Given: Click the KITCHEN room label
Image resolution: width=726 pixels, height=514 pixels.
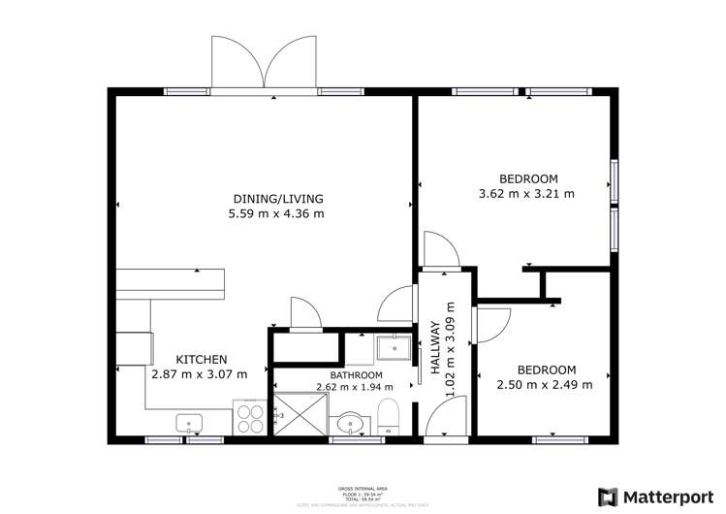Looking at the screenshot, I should (202, 359).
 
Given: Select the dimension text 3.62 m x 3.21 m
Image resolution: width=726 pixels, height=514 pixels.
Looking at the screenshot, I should (527, 193).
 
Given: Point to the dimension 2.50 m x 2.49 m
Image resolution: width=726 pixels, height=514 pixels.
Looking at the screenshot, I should (545, 384).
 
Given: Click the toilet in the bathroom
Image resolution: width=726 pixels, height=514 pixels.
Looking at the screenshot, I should (386, 415).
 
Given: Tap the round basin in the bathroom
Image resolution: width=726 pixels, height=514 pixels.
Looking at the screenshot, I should (349, 423).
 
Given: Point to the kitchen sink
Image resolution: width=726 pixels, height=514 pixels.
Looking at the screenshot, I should (189, 423).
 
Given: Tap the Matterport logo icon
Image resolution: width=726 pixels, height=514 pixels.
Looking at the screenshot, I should (610, 496).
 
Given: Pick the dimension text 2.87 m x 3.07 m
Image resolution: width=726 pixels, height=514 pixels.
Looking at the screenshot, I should (200, 373).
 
